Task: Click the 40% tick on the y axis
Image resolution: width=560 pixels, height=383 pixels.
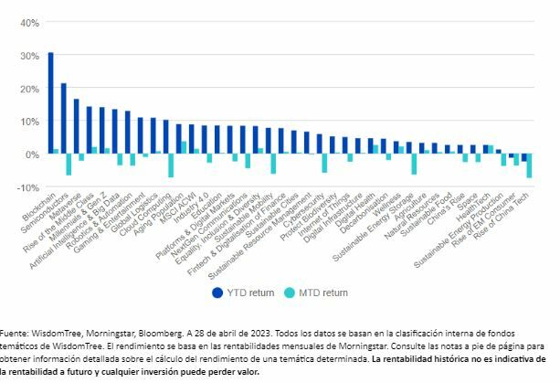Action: click(27, 22)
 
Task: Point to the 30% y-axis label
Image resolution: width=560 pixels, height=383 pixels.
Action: click(27, 55)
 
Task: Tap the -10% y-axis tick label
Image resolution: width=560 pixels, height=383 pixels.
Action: click(26, 187)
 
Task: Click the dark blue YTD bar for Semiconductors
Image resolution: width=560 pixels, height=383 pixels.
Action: click(63, 118)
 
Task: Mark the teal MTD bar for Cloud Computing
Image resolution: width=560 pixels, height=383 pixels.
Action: click(171, 165)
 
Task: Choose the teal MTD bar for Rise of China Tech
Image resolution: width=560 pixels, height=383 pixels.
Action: click(529, 165)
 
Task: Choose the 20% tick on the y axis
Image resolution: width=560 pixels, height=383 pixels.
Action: click(27, 88)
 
